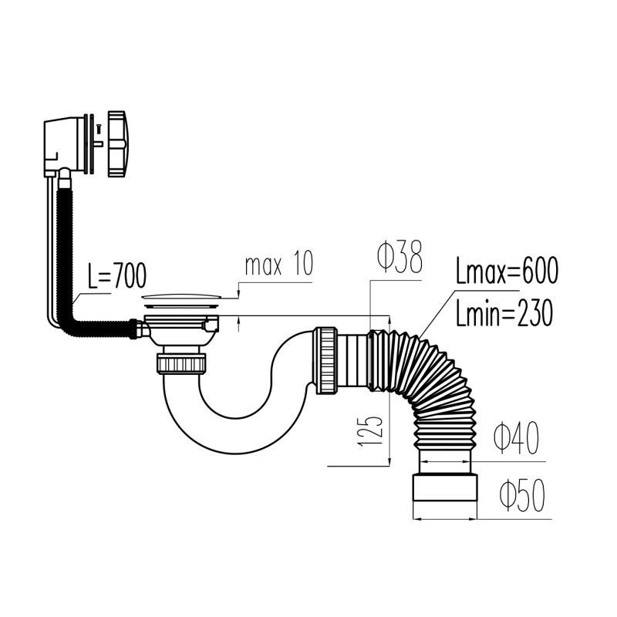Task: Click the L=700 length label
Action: point(117,276)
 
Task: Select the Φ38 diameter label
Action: point(400,257)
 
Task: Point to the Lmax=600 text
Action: point(507,271)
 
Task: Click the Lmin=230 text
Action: point(504,313)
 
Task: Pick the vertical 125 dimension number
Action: point(370,431)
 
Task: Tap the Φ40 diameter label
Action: point(516,438)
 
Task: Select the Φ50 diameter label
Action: point(522,495)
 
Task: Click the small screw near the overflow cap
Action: point(98,128)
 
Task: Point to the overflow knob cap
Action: point(116,143)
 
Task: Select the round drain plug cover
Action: point(181,296)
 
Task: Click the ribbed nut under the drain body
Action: point(181,363)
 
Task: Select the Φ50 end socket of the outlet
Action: point(445,487)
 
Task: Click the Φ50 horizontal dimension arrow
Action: point(445,519)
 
